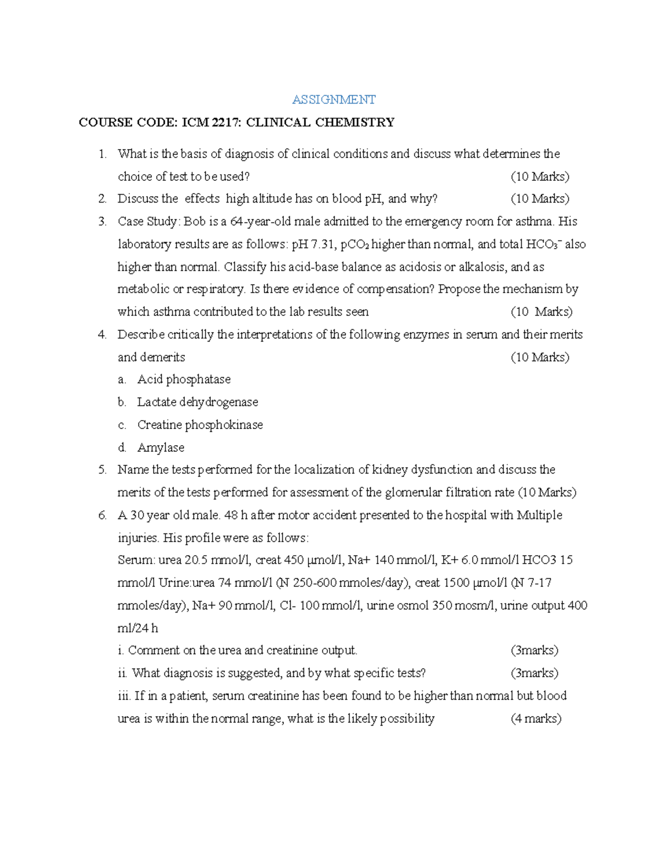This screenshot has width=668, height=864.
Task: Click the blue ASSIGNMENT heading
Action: (x=334, y=100)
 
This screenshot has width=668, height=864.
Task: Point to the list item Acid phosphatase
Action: (x=184, y=379)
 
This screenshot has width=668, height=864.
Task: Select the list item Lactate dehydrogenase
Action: (x=198, y=402)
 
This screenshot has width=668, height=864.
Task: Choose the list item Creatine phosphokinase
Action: (x=200, y=425)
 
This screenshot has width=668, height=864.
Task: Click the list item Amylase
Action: (x=161, y=448)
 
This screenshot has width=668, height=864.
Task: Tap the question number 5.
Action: (x=102, y=470)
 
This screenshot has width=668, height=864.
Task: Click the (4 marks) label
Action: (x=536, y=719)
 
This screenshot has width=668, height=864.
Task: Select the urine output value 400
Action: (x=577, y=605)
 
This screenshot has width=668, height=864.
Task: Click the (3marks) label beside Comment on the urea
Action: (x=534, y=650)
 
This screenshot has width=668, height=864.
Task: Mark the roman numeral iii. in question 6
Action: (x=124, y=696)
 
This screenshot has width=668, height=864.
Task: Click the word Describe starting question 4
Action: (x=141, y=335)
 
